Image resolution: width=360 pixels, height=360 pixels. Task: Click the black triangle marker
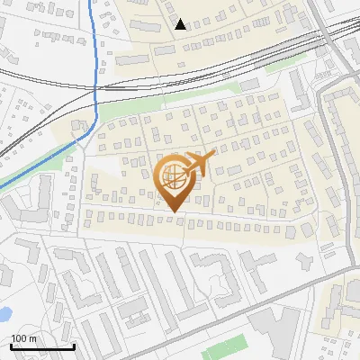pyautogui.click(x=181, y=24)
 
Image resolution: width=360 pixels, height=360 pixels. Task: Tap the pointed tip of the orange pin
pyautogui.click(x=173, y=212)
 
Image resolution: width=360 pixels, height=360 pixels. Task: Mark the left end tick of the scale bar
pyautogui.click(x=11, y=346)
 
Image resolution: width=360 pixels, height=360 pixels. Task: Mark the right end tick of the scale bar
pyautogui.click(x=74, y=346)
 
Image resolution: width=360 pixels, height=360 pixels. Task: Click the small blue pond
pyautogui.click(x=3, y=315)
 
